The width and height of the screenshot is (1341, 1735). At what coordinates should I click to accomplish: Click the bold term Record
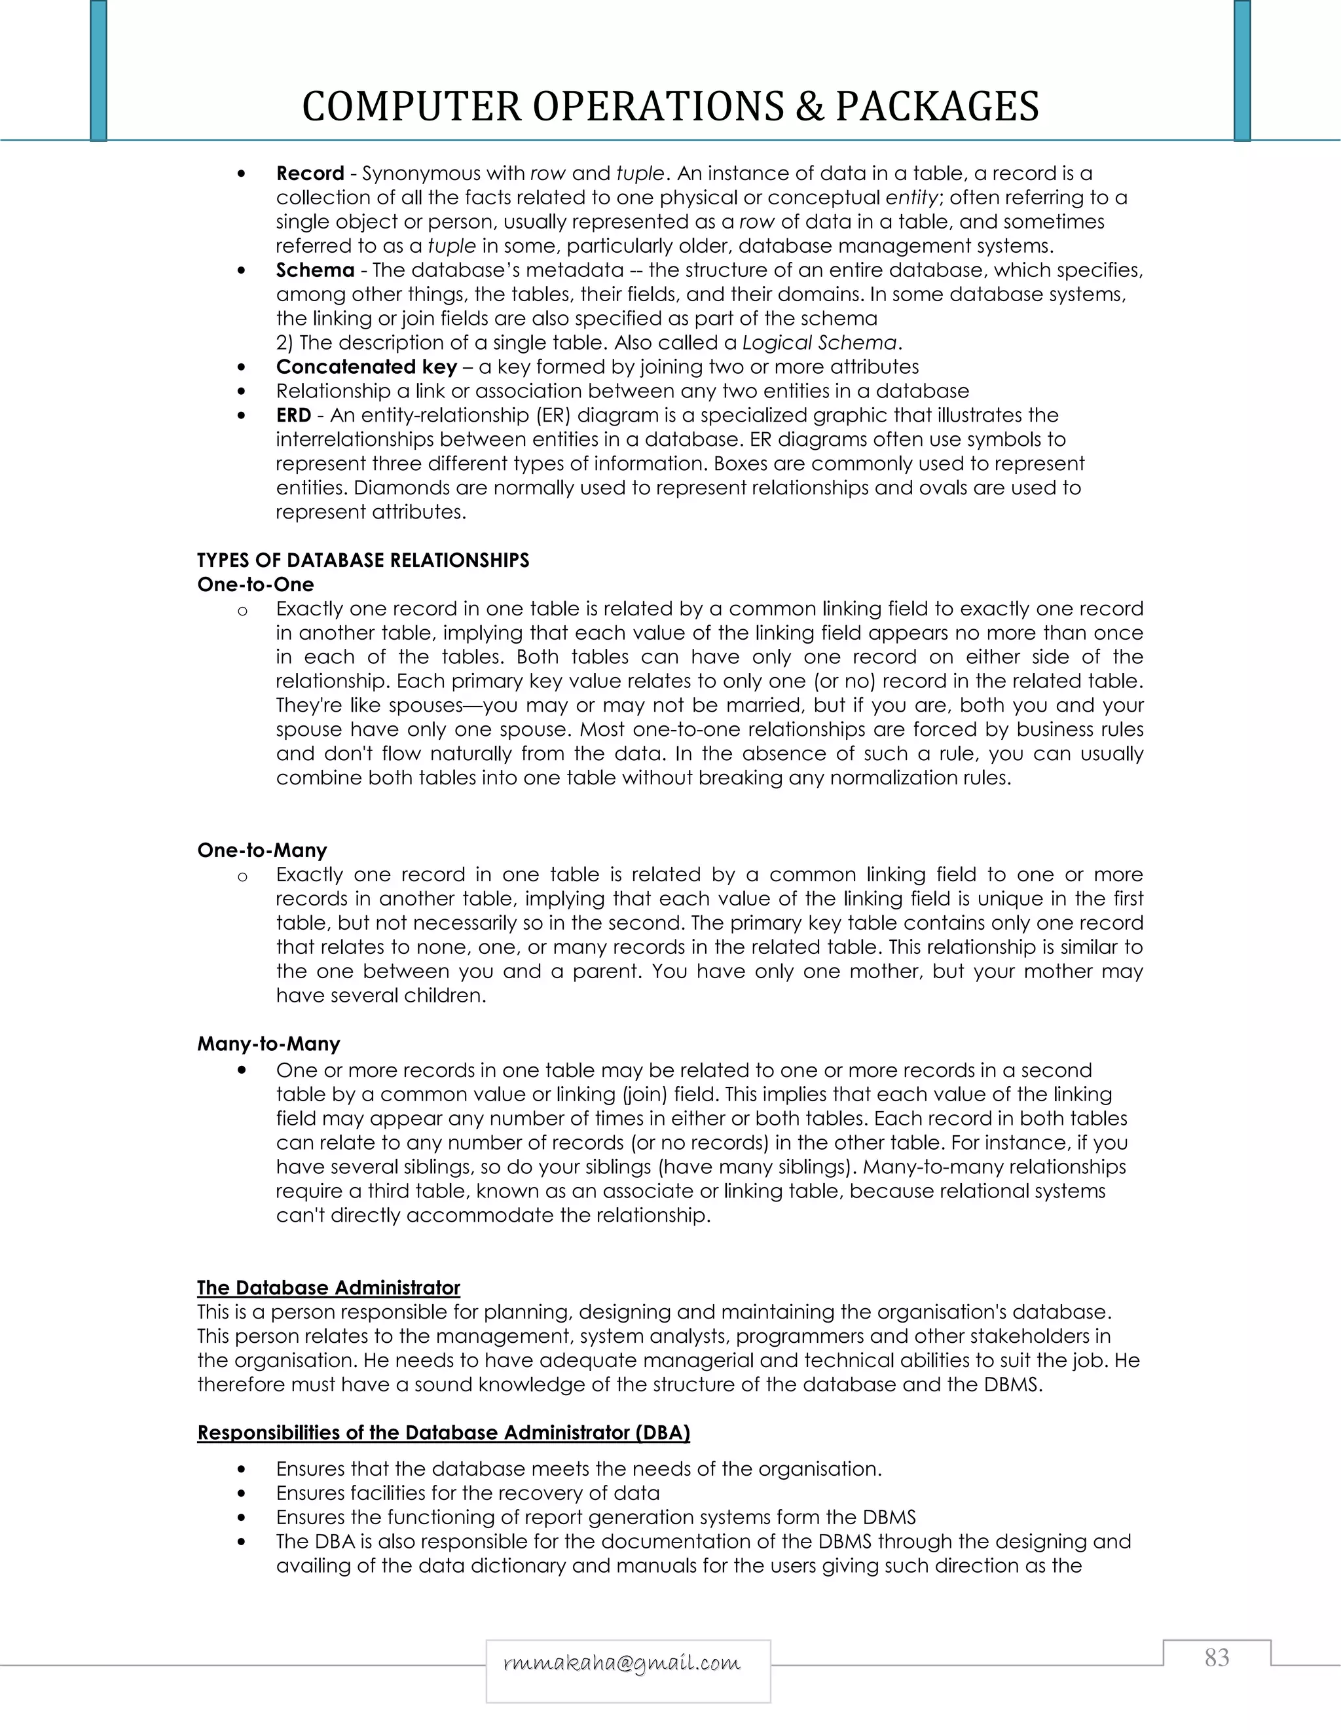pos(310,173)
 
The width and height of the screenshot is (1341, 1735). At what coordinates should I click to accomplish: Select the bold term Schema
pos(314,270)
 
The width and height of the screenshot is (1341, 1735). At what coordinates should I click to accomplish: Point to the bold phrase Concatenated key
pos(366,367)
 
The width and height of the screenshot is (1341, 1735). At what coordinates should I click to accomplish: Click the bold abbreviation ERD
pos(293,416)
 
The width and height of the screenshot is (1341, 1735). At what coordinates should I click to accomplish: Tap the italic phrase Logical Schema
pos(819,343)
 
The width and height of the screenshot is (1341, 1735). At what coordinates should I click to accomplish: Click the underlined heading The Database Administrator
pos(329,1288)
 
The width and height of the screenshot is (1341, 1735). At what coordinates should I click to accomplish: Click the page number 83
pos(1217,1657)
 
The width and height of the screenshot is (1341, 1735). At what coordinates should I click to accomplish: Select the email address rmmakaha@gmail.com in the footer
pos(622,1663)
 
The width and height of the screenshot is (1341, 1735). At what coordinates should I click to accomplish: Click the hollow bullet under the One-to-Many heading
pos(242,875)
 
